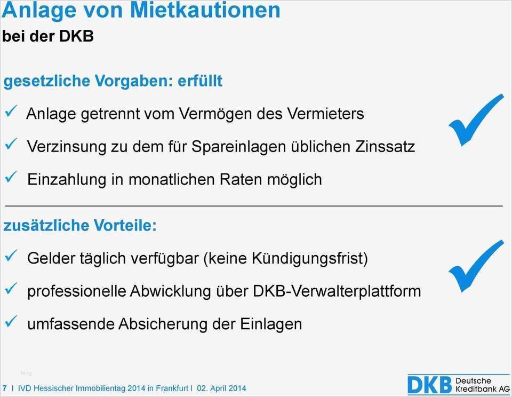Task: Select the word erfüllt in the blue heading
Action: pyautogui.click(x=199, y=81)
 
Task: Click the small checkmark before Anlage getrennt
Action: pyautogui.click(x=11, y=112)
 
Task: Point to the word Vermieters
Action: pyautogui.click(x=325, y=114)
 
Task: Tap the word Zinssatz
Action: pyautogui.click(x=385, y=146)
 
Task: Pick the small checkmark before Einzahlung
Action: pyautogui.click(x=11, y=177)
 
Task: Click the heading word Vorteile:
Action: pyautogui.click(x=125, y=225)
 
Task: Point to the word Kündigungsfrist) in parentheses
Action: pyautogui.click(x=309, y=259)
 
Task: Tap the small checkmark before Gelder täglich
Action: pyautogui.click(x=11, y=256)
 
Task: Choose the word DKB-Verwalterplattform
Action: pyautogui.click(x=337, y=291)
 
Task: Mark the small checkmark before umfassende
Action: pyautogui.click(x=11, y=321)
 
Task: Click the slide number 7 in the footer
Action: pyautogui.click(x=4, y=388)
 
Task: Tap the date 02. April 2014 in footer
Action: pyautogui.click(x=221, y=388)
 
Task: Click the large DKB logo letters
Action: pyautogui.click(x=430, y=385)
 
